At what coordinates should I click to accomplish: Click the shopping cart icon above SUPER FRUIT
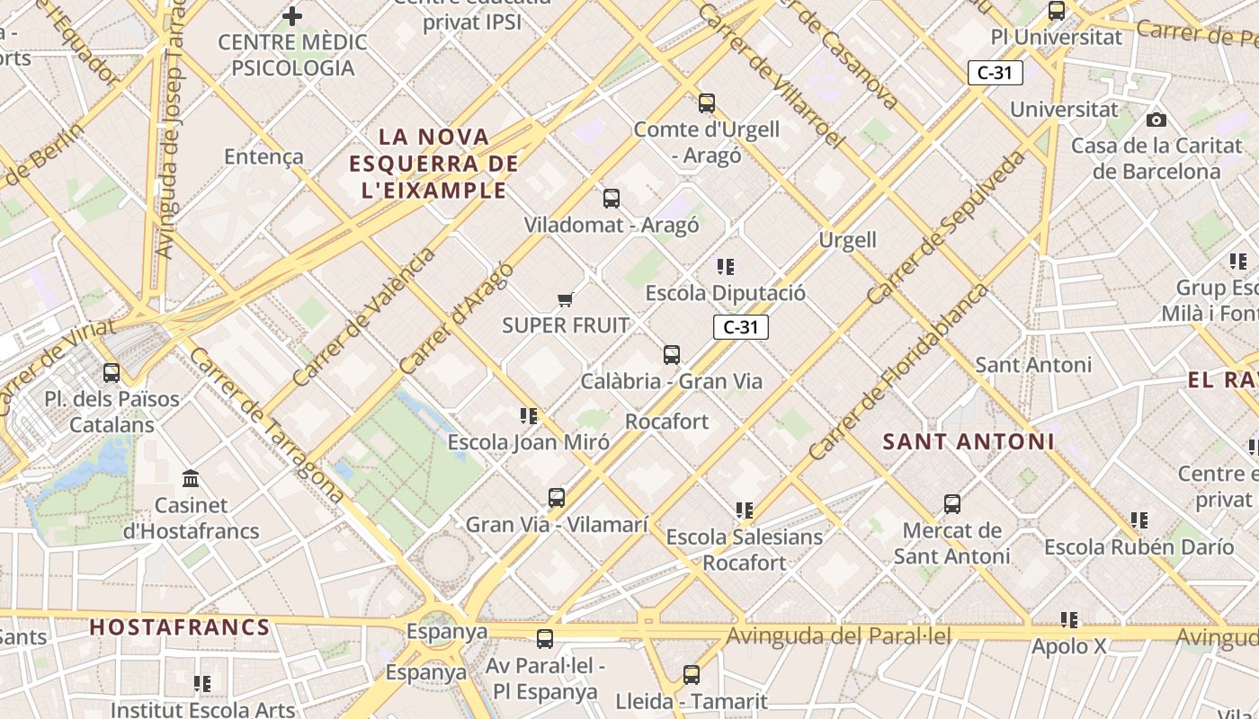(565, 299)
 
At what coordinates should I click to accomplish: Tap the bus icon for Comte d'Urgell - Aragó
(707, 103)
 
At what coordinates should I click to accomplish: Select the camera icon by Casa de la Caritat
(1156, 120)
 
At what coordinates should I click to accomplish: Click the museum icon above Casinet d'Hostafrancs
(191, 478)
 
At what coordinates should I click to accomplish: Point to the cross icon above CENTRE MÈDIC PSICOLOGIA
(292, 15)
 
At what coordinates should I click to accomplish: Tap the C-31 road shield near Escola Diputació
(741, 327)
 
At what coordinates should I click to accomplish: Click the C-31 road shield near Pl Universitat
(996, 73)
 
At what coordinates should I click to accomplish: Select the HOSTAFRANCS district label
(180, 627)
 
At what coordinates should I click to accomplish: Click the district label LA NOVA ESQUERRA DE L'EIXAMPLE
(433, 164)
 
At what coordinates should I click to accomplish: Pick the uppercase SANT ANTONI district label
(969, 441)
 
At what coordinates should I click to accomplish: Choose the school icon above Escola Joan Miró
(529, 416)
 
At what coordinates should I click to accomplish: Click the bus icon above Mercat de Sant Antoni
(952, 504)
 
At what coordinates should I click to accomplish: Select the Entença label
(263, 156)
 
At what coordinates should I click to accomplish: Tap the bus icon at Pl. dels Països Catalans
(112, 372)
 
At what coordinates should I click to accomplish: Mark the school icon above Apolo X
(1069, 619)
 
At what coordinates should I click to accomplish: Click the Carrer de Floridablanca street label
(898, 371)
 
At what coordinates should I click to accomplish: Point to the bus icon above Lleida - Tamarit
(692, 674)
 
